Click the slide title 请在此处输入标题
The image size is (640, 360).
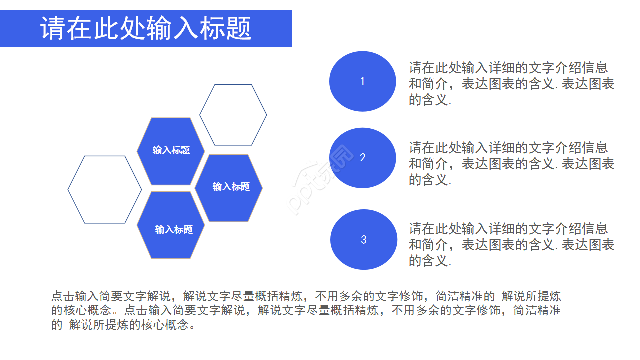pos(146,29)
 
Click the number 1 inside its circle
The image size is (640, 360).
pos(363,81)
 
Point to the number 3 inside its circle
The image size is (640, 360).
pos(364,240)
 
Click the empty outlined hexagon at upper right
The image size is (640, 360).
pos(233,115)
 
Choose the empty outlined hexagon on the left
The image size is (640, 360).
pos(105,189)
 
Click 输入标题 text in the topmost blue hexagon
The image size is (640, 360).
pos(171,150)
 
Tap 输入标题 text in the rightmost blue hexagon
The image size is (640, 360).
pos(231,187)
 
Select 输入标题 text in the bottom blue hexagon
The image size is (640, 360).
pos(174,230)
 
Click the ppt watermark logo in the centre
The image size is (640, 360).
pos(320,180)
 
